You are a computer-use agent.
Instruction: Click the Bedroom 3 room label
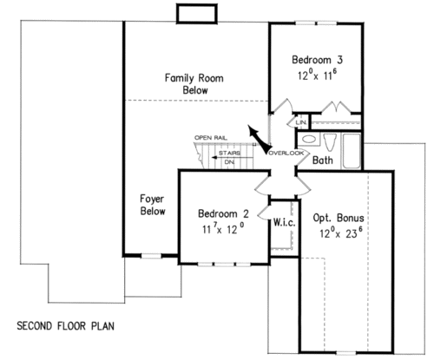317,60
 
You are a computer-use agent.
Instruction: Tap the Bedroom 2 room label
223,213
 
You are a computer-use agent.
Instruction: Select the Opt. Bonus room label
339,218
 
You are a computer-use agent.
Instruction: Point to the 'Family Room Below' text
194,84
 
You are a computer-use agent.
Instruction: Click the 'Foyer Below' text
153,205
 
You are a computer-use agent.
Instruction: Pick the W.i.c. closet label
285,222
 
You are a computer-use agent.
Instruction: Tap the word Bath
323,160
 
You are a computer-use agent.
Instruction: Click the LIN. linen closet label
301,122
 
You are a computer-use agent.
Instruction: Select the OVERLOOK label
286,153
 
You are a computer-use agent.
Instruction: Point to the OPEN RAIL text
211,138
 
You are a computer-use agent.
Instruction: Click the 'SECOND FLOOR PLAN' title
66,326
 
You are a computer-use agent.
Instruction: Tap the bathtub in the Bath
352,151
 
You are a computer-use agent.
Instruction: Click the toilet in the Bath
330,142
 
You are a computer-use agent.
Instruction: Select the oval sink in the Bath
309,140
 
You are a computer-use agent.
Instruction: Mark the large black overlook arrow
259,139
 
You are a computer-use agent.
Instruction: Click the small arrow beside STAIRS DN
214,158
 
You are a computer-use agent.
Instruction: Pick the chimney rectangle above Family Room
197,13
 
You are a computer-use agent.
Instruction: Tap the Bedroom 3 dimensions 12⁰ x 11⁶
318,75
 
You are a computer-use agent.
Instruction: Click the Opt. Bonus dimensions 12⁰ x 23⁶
341,232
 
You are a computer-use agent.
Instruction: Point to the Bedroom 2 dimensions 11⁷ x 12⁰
223,229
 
